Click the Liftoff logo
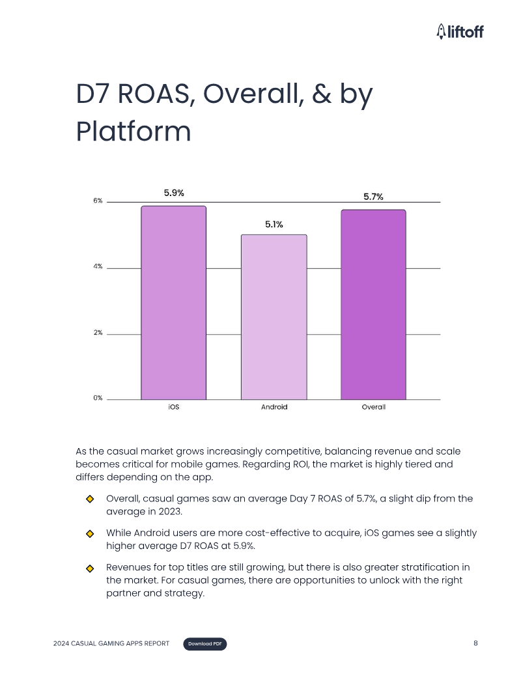pos(460,31)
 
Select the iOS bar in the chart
pos(173,303)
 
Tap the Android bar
pos(274,317)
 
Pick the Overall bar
pos(373,305)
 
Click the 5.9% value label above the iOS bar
pos(173,193)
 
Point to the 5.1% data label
pos(274,224)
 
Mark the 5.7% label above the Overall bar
pos(373,197)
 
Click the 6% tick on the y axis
pos(98,201)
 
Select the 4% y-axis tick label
pos(98,267)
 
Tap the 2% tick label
pos(98,333)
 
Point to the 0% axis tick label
pos(98,398)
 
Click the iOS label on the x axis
pos(173,407)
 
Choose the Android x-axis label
pos(274,407)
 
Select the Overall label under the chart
pos(373,407)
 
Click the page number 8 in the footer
pos(475,643)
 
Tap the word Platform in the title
pos(134,132)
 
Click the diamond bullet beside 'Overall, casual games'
pos(90,499)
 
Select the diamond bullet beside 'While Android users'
pos(90,533)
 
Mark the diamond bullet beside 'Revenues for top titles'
pos(90,568)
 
